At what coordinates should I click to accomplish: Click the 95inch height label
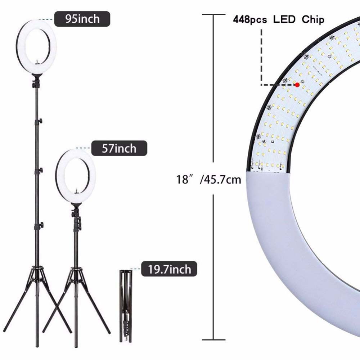[82, 19]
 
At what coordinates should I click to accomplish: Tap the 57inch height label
[119, 148]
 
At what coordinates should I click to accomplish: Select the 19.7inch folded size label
[169, 269]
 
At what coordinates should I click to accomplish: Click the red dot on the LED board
[297, 85]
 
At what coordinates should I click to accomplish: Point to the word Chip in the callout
[313, 19]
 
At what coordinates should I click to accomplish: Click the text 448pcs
[250, 20]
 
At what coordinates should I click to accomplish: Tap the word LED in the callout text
[284, 19]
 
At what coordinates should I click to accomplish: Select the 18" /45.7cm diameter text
[208, 179]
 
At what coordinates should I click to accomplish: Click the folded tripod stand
[126, 306]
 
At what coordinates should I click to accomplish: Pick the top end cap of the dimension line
[213, 14]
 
